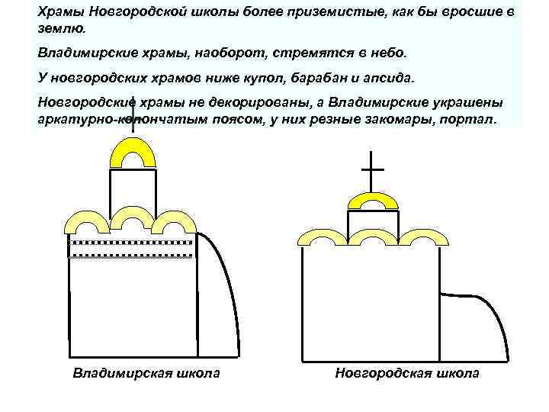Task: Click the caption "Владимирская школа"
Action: (x=146, y=373)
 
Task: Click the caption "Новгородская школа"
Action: (x=407, y=373)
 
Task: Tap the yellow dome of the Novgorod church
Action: (x=372, y=200)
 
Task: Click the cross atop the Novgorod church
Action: (x=372, y=169)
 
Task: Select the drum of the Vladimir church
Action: (x=133, y=188)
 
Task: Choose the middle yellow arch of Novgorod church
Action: (x=372, y=237)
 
